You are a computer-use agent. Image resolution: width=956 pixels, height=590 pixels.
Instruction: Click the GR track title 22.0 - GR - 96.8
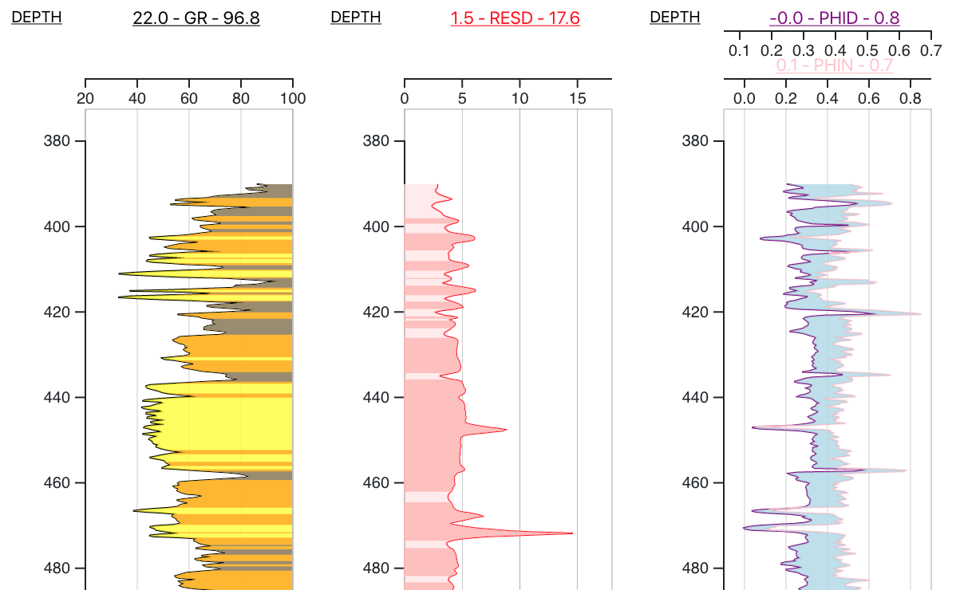tap(196, 18)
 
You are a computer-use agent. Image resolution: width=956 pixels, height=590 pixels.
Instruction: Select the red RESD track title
tap(515, 18)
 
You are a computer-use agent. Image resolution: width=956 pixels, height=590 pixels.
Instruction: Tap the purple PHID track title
tap(834, 18)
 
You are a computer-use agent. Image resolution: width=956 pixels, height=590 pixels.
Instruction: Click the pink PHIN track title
tap(834, 66)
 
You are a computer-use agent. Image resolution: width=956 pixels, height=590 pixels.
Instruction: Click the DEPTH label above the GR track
tap(37, 17)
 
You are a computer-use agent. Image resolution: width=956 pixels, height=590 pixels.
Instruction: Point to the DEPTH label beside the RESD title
tap(356, 17)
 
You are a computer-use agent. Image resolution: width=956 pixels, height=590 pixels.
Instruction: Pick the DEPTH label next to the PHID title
tap(675, 17)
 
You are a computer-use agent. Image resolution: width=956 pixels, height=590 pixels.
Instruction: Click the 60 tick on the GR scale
tap(189, 98)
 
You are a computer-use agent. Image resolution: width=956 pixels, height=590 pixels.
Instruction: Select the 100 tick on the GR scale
tap(293, 98)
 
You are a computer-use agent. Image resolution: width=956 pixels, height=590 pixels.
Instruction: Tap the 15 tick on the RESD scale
tap(578, 98)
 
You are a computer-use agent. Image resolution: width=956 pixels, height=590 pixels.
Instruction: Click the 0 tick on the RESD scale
tap(405, 98)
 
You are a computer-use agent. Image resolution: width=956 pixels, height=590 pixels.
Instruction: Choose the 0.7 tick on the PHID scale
tap(931, 51)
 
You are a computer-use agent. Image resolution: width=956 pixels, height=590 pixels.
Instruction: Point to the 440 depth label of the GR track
tap(57, 397)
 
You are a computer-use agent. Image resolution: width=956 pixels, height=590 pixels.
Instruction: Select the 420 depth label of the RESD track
tap(376, 312)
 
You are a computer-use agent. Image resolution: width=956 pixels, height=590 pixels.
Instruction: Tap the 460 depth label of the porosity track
tap(695, 482)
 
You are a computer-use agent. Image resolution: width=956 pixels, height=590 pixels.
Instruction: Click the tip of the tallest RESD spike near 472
tap(572, 533)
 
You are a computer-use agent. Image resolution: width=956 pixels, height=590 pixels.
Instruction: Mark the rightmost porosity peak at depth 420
tap(921, 314)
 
